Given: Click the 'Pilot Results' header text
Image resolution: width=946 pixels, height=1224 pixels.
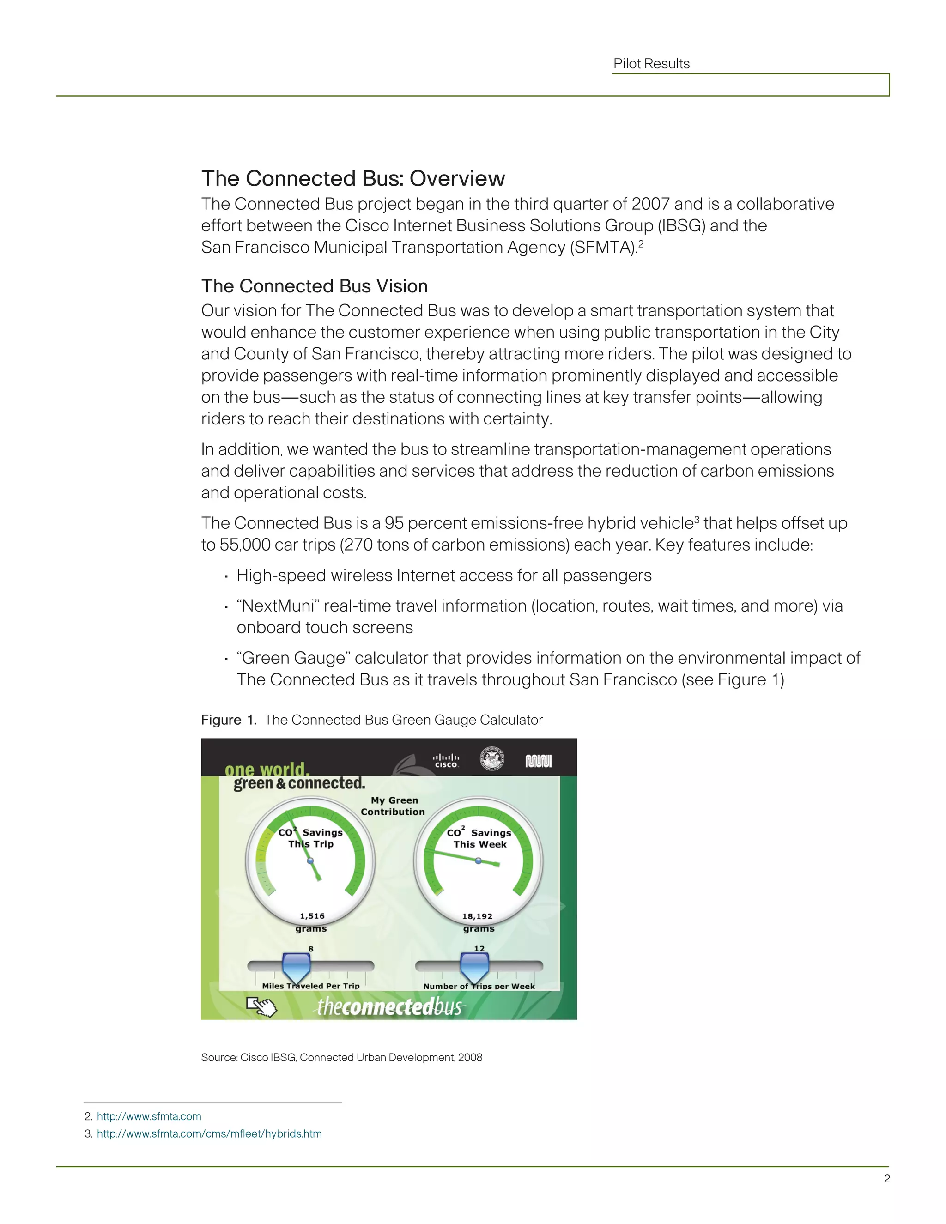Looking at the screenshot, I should (x=651, y=64).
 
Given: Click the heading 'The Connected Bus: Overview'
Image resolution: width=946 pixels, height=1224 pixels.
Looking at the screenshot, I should (x=353, y=178).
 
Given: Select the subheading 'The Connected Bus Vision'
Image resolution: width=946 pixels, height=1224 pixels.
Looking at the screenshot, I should (x=315, y=286).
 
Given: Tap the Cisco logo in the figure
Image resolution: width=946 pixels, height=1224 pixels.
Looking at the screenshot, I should (x=446, y=760).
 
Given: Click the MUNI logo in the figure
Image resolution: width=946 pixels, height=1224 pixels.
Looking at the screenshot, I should (x=538, y=761).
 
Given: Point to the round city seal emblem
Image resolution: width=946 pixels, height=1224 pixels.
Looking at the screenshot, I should (x=492, y=759).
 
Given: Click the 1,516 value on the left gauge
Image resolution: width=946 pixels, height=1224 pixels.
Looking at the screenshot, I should (x=312, y=916).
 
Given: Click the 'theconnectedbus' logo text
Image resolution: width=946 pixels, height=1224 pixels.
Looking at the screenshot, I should (x=390, y=1007).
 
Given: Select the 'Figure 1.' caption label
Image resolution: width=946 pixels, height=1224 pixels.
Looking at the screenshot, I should (x=229, y=720).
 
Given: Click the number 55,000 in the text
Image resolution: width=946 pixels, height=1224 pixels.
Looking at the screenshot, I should (x=244, y=545).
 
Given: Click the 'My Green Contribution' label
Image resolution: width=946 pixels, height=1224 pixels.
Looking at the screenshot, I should (x=394, y=806).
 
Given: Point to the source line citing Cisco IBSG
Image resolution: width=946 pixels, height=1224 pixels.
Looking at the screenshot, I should (x=341, y=1058).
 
